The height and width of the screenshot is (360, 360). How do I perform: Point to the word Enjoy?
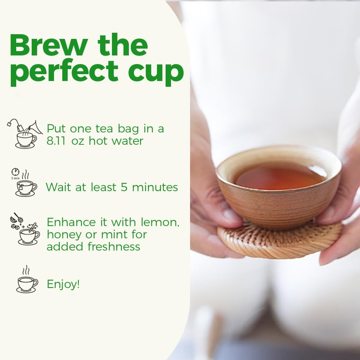click(63, 284)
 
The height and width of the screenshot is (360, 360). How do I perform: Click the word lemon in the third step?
click(160, 222)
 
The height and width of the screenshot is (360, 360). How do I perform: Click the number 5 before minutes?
click(124, 187)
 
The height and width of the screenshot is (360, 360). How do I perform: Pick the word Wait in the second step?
click(59, 187)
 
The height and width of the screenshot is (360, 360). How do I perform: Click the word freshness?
click(114, 247)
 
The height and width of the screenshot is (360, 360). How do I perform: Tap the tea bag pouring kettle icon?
click(25, 134)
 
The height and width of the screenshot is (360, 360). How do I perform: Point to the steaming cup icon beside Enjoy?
click(27, 279)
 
